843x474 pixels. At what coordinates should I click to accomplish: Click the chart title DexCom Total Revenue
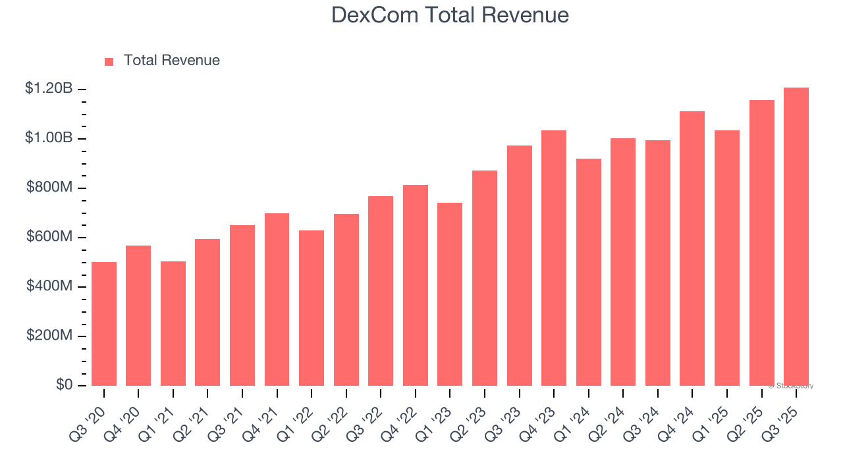tap(450, 14)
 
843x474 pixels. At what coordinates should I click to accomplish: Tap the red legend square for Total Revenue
tap(109, 61)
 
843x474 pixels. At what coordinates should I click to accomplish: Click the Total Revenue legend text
tap(171, 61)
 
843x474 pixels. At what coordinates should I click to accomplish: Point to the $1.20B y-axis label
tap(49, 88)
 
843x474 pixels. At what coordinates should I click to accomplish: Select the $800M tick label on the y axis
tap(49, 188)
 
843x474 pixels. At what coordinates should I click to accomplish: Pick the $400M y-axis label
tap(49, 286)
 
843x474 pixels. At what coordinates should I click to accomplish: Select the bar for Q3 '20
tap(104, 324)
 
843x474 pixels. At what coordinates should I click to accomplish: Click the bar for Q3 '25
tap(796, 237)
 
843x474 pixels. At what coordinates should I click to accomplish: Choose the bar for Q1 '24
tap(588, 272)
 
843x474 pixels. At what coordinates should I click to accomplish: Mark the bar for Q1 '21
tap(173, 323)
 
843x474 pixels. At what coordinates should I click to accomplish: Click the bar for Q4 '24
tap(692, 248)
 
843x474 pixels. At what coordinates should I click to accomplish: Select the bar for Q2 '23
tap(485, 278)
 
